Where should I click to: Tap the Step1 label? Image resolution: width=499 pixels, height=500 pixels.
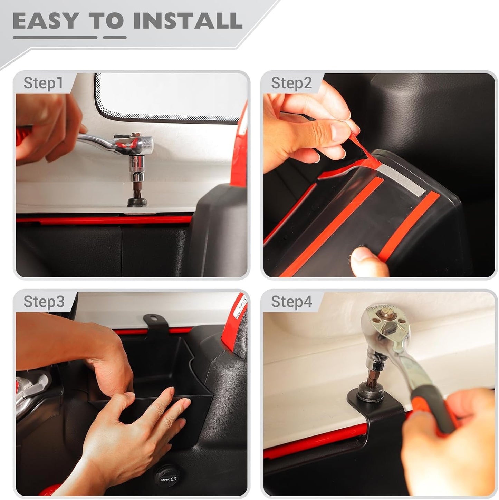coord(43,83)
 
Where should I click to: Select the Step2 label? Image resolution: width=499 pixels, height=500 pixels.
coord(291,83)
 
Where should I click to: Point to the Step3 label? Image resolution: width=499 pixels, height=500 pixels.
coord(44,302)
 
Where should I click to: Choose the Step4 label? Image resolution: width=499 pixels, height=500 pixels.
coord(291,302)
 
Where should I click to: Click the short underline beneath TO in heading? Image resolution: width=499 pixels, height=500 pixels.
coord(115,37)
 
